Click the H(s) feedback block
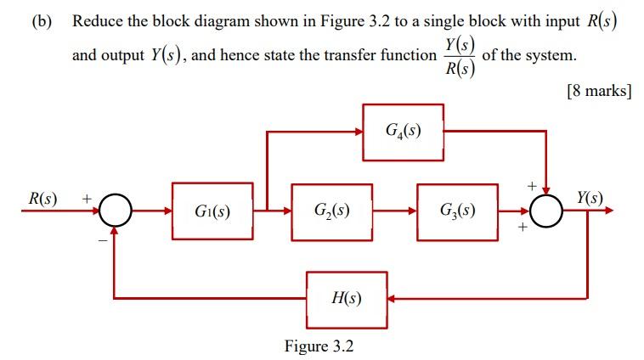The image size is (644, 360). point(347,299)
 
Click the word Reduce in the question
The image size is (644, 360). point(100,22)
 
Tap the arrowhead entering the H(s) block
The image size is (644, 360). point(393,299)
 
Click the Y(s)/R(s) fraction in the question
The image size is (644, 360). point(460,57)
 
